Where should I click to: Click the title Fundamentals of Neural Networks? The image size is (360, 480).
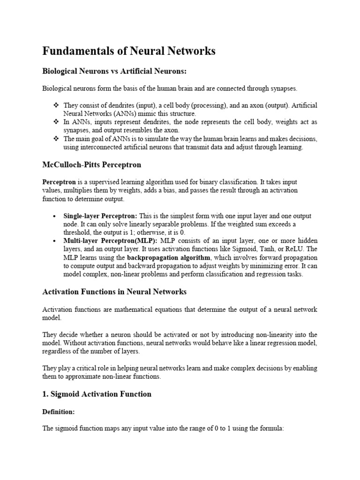pyautogui.click(x=129, y=51)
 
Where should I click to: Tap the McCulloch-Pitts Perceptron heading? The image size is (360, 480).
pyautogui.click(x=92, y=165)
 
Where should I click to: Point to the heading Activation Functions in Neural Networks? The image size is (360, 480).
pyautogui.click(x=114, y=292)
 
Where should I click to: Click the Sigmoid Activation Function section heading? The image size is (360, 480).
pyautogui.click(x=97, y=394)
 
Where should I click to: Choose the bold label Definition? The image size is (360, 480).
pyautogui.click(x=59, y=411)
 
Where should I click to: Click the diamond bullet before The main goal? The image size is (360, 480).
pyautogui.click(x=56, y=139)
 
